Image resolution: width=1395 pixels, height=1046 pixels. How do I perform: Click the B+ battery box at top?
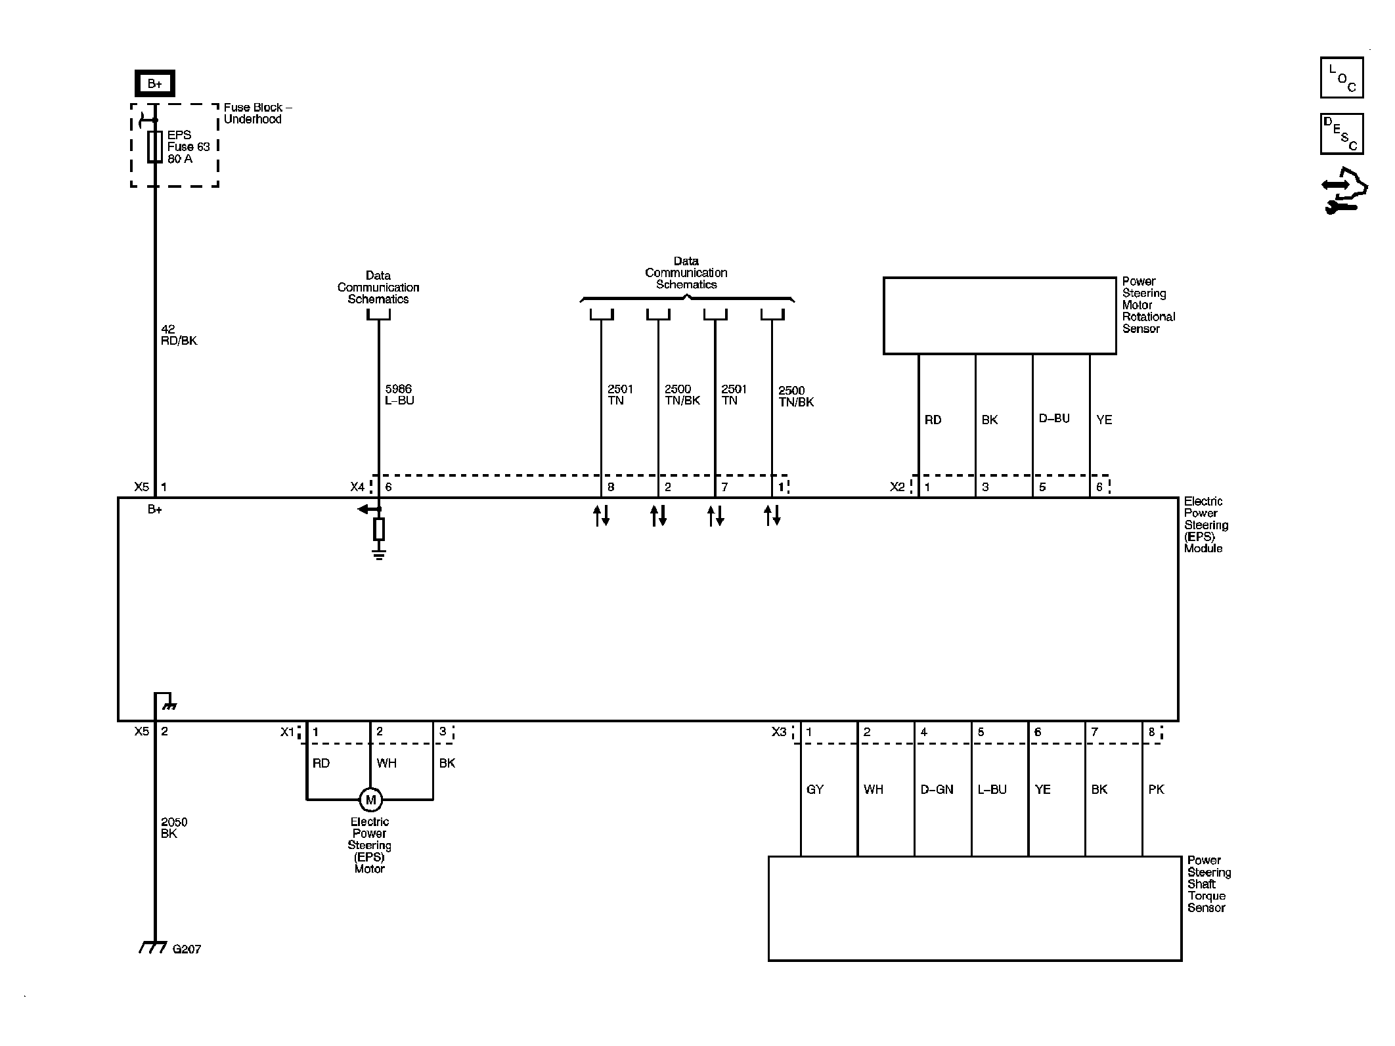154,83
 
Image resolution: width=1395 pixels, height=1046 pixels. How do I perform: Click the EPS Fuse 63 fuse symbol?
155,146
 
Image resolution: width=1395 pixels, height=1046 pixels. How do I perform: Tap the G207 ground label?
187,949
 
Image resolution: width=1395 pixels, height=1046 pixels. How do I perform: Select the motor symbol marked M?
370,800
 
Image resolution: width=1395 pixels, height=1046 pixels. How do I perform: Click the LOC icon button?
1342,77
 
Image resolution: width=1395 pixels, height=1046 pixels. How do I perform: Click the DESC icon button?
1342,134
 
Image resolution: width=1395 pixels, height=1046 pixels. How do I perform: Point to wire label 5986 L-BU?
399,395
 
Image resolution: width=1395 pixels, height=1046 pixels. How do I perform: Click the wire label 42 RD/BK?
179,335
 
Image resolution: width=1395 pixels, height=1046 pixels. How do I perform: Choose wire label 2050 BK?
174,827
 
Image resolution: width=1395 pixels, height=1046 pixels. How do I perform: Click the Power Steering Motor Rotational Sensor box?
1000,316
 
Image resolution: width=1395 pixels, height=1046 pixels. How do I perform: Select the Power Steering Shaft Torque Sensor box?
975,909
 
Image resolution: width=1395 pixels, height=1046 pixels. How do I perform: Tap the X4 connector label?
357,487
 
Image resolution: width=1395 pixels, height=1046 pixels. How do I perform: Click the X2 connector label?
897,487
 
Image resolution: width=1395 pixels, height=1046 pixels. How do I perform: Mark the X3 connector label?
779,731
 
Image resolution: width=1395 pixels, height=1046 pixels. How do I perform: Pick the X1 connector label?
288,731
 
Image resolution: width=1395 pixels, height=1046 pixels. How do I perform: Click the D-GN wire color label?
937,789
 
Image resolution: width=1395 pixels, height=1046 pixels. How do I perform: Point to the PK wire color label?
1156,789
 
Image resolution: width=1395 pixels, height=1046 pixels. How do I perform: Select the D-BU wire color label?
1054,418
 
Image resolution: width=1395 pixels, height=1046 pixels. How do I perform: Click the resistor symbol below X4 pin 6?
379,529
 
